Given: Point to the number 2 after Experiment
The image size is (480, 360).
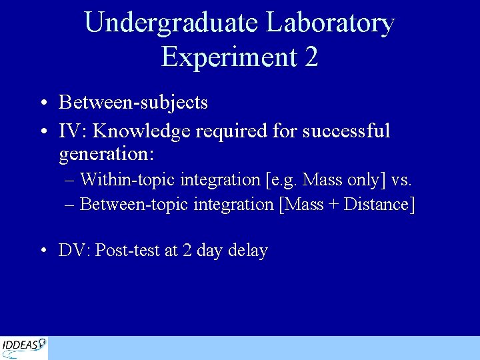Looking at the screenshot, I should [x=311, y=57].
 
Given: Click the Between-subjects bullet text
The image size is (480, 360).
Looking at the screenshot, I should [x=133, y=103].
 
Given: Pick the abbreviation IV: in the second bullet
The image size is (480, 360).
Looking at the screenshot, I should [x=71, y=131].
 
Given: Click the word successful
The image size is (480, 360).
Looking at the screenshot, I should [x=346, y=131].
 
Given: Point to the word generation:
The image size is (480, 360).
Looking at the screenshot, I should [x=107, y=155].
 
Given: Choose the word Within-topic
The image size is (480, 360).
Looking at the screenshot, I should [x=127, y=179].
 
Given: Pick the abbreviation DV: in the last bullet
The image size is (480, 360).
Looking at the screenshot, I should [x=75, y=251].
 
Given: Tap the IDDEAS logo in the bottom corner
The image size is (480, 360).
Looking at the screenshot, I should [x=24, y=347].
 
